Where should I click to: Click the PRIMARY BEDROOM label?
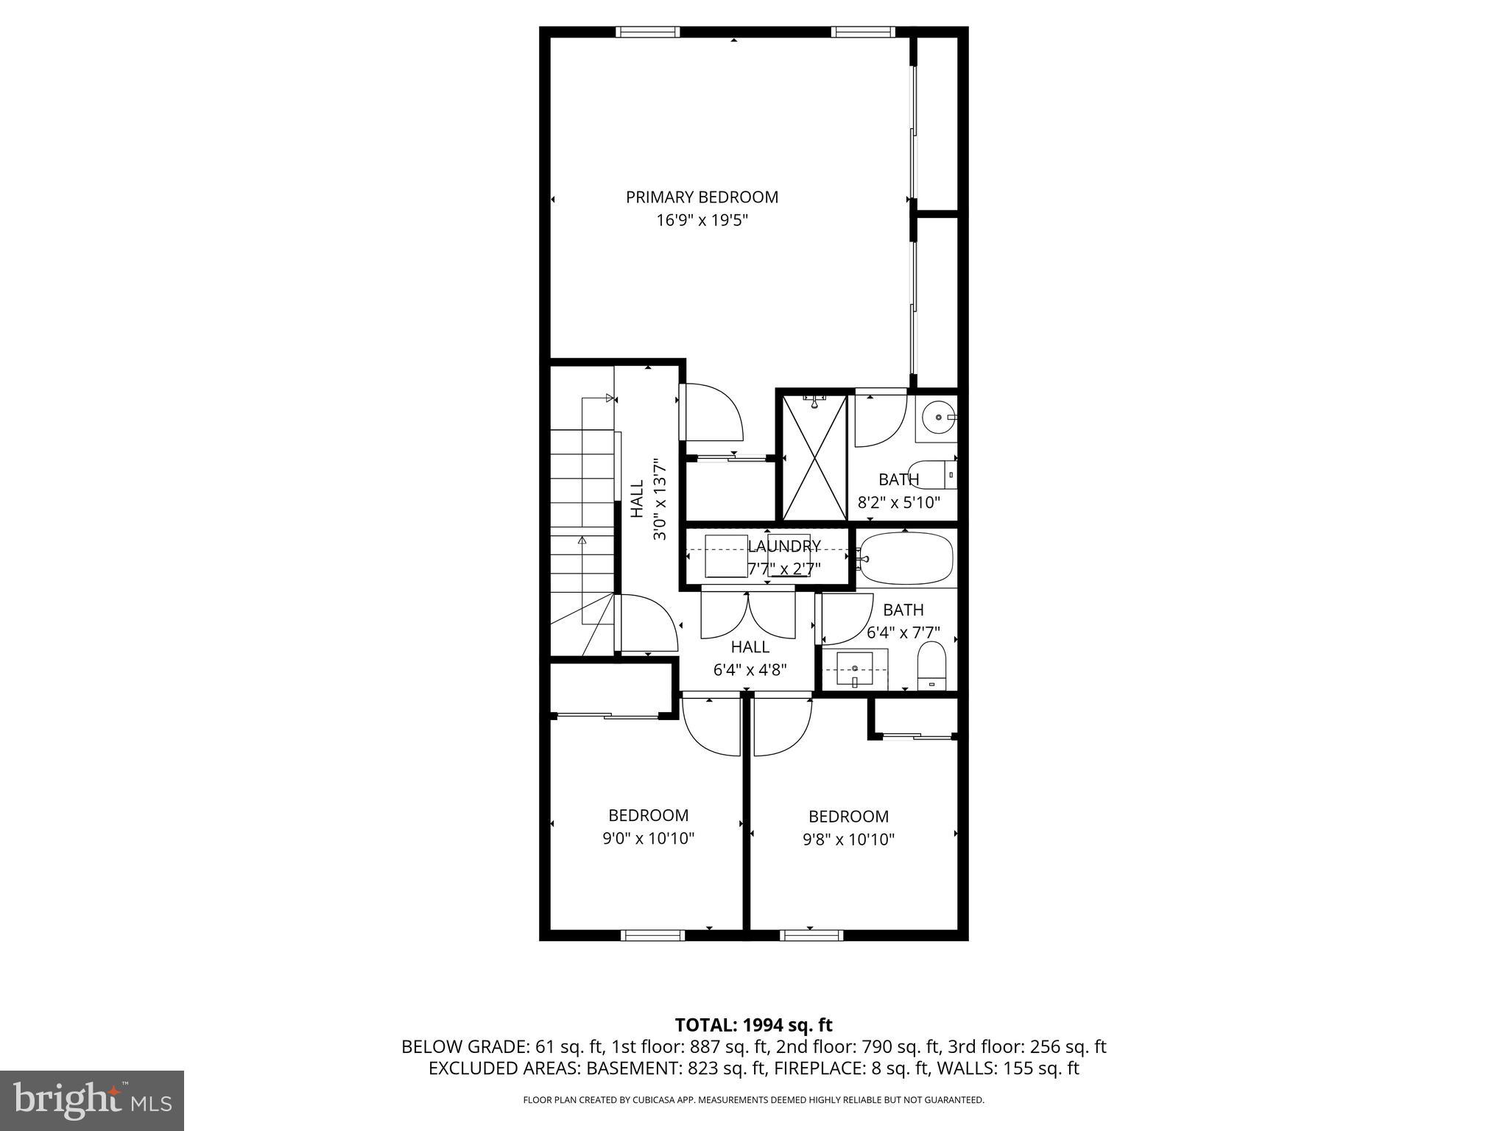coord(702,197)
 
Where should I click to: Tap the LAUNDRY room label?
coord(783,546)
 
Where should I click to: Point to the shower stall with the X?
coord(814,457)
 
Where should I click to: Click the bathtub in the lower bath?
coord(906,558)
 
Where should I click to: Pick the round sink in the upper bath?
coord(937,418)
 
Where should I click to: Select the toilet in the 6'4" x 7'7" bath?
coord(931,665)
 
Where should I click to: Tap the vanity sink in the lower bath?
coord(854,668)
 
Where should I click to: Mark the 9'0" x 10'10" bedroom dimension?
coord(648,839)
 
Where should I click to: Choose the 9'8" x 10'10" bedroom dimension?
coord(848,839)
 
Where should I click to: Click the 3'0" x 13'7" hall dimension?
coord(660,500)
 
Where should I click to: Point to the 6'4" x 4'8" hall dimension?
coord(750,670)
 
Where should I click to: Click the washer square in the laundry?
coord(725,556)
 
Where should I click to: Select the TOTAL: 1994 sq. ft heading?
coord(753,1025)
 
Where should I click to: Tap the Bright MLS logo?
coord(92,1100)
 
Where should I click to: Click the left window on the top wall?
coord(647,32)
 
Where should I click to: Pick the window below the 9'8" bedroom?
coord(811,936)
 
